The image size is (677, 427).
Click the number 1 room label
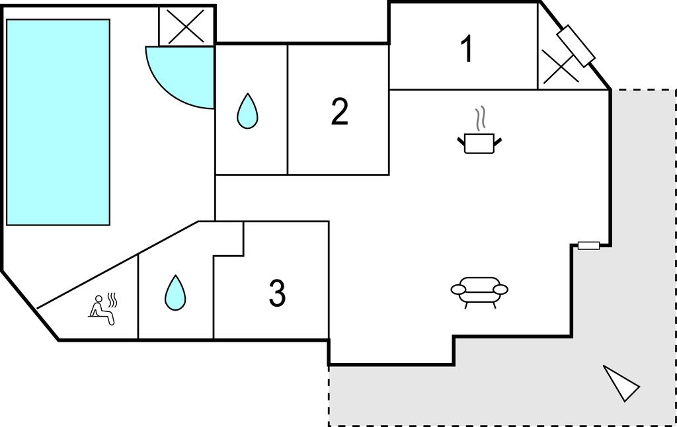[467, 50]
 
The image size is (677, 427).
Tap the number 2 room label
[339, 112]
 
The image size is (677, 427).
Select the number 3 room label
[277, 293]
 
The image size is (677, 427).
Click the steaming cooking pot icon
[479, 141]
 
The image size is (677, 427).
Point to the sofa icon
[479, 291]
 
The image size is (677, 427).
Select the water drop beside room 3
[175, 293]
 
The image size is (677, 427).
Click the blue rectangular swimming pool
[58, 122]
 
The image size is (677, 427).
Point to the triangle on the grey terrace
[621, 383]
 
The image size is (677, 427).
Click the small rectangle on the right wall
[588, 246]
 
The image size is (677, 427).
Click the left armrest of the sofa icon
[458, 290]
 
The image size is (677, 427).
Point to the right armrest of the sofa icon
[500, 290]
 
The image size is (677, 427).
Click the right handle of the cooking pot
[498, 139]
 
